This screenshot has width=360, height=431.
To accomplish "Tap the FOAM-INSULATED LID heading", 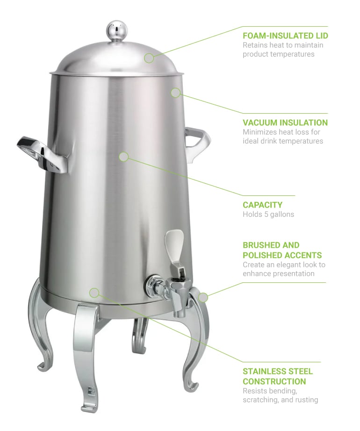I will (285, 36).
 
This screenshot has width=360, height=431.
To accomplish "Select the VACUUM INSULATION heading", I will (285, 122).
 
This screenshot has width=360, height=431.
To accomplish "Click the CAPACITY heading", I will (262, 205).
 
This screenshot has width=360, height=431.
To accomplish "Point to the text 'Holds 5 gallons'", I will (268, 215).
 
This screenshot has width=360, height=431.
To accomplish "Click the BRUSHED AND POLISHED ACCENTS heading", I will (282, 250).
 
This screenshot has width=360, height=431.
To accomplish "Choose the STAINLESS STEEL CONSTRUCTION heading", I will (278, 376).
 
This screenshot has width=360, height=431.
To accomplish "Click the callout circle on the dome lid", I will (149, 58).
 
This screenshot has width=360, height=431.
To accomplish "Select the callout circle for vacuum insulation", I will (175, 93).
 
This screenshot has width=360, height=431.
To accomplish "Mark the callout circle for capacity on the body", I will (123, 157).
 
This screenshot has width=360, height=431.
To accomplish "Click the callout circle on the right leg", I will (203, 297).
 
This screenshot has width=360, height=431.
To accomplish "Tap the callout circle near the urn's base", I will (94, 293).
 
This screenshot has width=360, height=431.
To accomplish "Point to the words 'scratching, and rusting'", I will (280, 400).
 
